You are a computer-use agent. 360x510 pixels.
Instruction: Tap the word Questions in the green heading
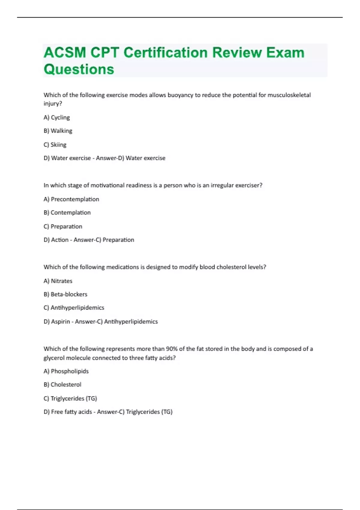tap(79, 69)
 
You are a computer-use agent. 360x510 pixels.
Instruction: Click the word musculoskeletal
tap(289, 95)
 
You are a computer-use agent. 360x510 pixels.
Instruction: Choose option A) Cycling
tap(57, 118)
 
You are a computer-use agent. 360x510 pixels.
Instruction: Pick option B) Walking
tap(58, 131)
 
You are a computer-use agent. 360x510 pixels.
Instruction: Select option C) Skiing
tap(55, 145)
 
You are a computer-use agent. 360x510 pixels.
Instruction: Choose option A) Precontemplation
tap(71, 199)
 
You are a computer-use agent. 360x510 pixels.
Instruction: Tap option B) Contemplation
tap(67, 213)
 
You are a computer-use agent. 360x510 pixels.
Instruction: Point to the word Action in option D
tap(60, 240)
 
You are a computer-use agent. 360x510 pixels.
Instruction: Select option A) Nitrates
tap(58, 281)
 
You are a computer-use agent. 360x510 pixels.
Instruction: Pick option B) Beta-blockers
tap(65, 294)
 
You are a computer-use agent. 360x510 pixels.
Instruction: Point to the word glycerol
tap(54, 358)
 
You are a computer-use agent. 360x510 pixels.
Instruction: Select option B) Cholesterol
tap(62, 385)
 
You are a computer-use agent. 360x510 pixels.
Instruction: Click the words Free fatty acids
tap(71, 412)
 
